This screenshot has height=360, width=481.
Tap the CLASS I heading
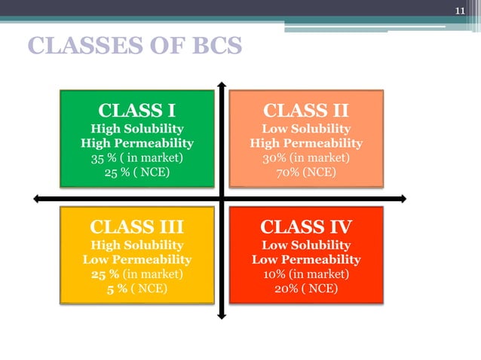click(x=136, y=111)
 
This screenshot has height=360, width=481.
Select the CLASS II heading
click(x=305, y=111)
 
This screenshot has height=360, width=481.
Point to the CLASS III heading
click(x=136, y=227)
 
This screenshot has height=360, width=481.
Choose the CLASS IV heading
click(x=305, y=227)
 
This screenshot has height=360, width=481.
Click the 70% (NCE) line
click(x=305, y=173)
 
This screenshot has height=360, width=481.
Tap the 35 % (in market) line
click(x=136, y=158)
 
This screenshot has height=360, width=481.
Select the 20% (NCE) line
click(x=305, y=289)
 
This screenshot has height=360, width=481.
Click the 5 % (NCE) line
click(x=136, y=289)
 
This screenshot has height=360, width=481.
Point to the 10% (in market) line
click(x=305, y=274)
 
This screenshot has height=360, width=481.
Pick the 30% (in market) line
click(x=305, y=158)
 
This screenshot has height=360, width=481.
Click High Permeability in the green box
click(x=136, y=143)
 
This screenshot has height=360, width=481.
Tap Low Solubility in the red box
click(x=305, y=246)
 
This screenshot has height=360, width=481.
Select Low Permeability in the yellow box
click(x=136, y=260)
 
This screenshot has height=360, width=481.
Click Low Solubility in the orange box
click(x=305, y=129)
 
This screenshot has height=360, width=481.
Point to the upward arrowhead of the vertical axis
click(x=221, y=83)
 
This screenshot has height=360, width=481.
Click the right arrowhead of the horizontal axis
click(x=403, y=199)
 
